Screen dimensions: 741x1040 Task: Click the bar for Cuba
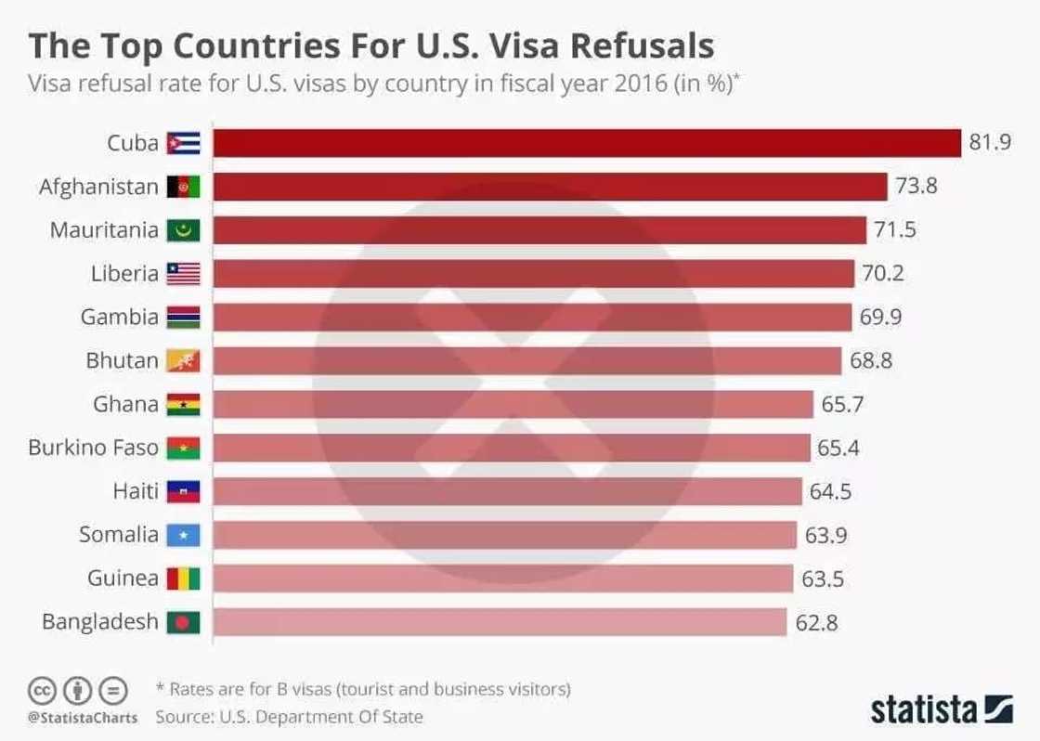587,143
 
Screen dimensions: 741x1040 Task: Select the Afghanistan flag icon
183,187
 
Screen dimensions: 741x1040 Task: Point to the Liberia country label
124,274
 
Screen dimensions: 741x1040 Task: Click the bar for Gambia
532,318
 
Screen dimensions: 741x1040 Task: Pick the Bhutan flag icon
183,361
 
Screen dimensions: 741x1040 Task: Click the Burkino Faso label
93,448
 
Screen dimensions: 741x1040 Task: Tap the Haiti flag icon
183,492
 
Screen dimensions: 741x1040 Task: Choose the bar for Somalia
505,536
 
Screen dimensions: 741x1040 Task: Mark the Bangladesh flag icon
183,622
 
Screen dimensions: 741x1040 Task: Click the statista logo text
925,710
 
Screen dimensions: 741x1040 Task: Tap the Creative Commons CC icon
42,692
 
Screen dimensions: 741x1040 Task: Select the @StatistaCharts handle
83,717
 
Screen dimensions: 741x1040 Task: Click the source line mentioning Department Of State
289,717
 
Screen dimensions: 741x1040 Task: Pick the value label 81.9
989,143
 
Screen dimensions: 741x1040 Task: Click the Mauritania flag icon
183,230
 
